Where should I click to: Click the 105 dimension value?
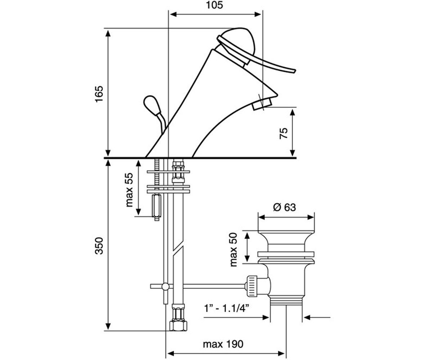click(x=215, y=5)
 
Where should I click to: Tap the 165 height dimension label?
click(x=99, y=94)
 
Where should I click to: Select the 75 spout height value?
click(x=284, y=133)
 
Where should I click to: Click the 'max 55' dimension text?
click(x=129, y=190)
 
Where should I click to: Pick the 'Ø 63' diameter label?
click(x=284, y=207)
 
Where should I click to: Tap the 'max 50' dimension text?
click(x=233, y=249)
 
